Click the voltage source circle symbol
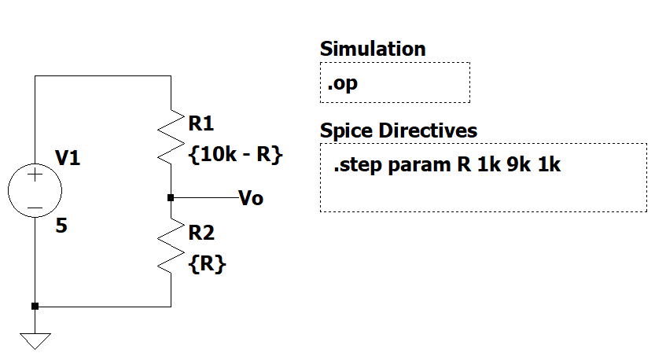[x=35, y=191]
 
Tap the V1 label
[x=68, y=160]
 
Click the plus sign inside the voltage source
[x=35, y=176]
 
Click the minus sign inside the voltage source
[x=35, y=208]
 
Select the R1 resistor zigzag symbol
[x=171, y=135]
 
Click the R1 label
[x=201, y=123]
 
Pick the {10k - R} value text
[x=235, y=154]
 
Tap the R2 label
[x=201, y=233]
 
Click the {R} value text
[x=208, y=264]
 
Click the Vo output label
[x=251, y=198]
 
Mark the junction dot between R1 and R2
[x=171, y=197]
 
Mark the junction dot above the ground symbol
[x=35, y=306]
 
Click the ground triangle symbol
[x=35, y=340]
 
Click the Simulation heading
[x=373, y=49]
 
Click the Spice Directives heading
[x=399, y=130]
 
